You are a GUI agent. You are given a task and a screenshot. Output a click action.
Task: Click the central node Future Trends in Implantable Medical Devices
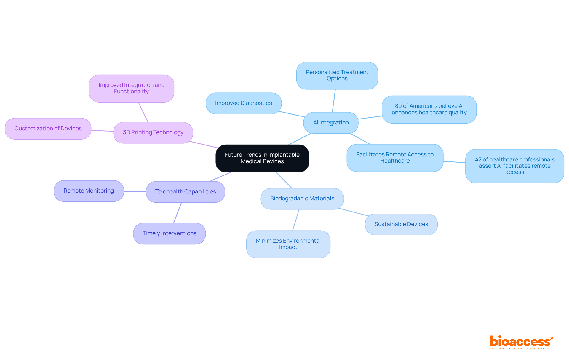click(x=262, y=158)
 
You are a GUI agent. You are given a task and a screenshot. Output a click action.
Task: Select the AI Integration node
click(x=331, y=123)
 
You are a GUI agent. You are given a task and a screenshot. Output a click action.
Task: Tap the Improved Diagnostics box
click(x=243, y=103)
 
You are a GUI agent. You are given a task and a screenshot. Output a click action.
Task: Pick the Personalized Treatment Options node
click(x=337, y=76)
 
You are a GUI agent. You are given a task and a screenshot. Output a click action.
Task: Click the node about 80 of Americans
click(x=429, y=109)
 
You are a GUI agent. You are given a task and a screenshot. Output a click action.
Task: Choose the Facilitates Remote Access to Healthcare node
click(x=395, y=158)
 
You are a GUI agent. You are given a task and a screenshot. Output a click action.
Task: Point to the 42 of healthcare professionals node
click(x=514, y=166)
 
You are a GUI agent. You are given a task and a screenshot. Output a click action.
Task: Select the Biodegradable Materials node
click(x=302, y=199)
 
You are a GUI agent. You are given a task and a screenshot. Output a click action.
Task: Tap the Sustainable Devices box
click(x=401, y=224)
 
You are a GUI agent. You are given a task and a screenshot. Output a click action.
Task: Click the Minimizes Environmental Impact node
click(x=288, y=244)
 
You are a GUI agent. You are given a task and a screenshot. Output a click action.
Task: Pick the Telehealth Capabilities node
click(x=186, y=192)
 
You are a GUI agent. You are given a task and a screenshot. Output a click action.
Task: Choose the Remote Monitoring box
click(x=89, y=191)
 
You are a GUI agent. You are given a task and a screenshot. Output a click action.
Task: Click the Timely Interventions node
click(x=169, y=233)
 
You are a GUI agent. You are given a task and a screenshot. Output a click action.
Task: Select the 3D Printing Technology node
click(x=153, y=132)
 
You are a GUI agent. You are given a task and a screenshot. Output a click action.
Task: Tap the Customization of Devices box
click(x=48, y=129)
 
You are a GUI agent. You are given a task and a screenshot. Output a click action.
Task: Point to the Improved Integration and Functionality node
click(x=131, y=88)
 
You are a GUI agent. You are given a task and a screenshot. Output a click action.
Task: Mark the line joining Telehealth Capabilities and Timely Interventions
click(x=178, y=213)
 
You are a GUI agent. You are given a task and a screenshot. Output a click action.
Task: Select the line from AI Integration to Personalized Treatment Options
click(x=334, y=101)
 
